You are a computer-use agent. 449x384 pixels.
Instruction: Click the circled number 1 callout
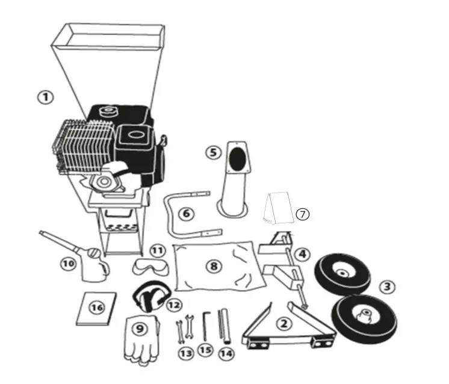coord(46,98)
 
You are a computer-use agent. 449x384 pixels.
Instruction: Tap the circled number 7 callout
coord(302,214)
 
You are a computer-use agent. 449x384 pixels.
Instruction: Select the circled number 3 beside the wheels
coord(388,286)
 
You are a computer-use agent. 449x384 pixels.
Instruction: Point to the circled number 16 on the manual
coord(97,308)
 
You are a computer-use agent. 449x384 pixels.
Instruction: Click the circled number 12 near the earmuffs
coord(174,305)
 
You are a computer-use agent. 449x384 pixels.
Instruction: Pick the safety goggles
coord(150,266)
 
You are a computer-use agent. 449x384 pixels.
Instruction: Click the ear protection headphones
coord(150,296)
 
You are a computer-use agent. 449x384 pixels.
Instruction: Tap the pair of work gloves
coord(142,341)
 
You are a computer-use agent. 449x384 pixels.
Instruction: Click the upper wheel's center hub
coord(342,273)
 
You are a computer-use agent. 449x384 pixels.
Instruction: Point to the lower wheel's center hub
coord(365,315)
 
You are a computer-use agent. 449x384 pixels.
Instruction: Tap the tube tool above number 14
coord(224,326)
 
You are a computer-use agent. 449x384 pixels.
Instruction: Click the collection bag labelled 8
coord(219,266)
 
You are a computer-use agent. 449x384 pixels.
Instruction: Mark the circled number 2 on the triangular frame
coord(283,324)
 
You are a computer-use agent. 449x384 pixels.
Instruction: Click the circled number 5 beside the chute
coord(214,152)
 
